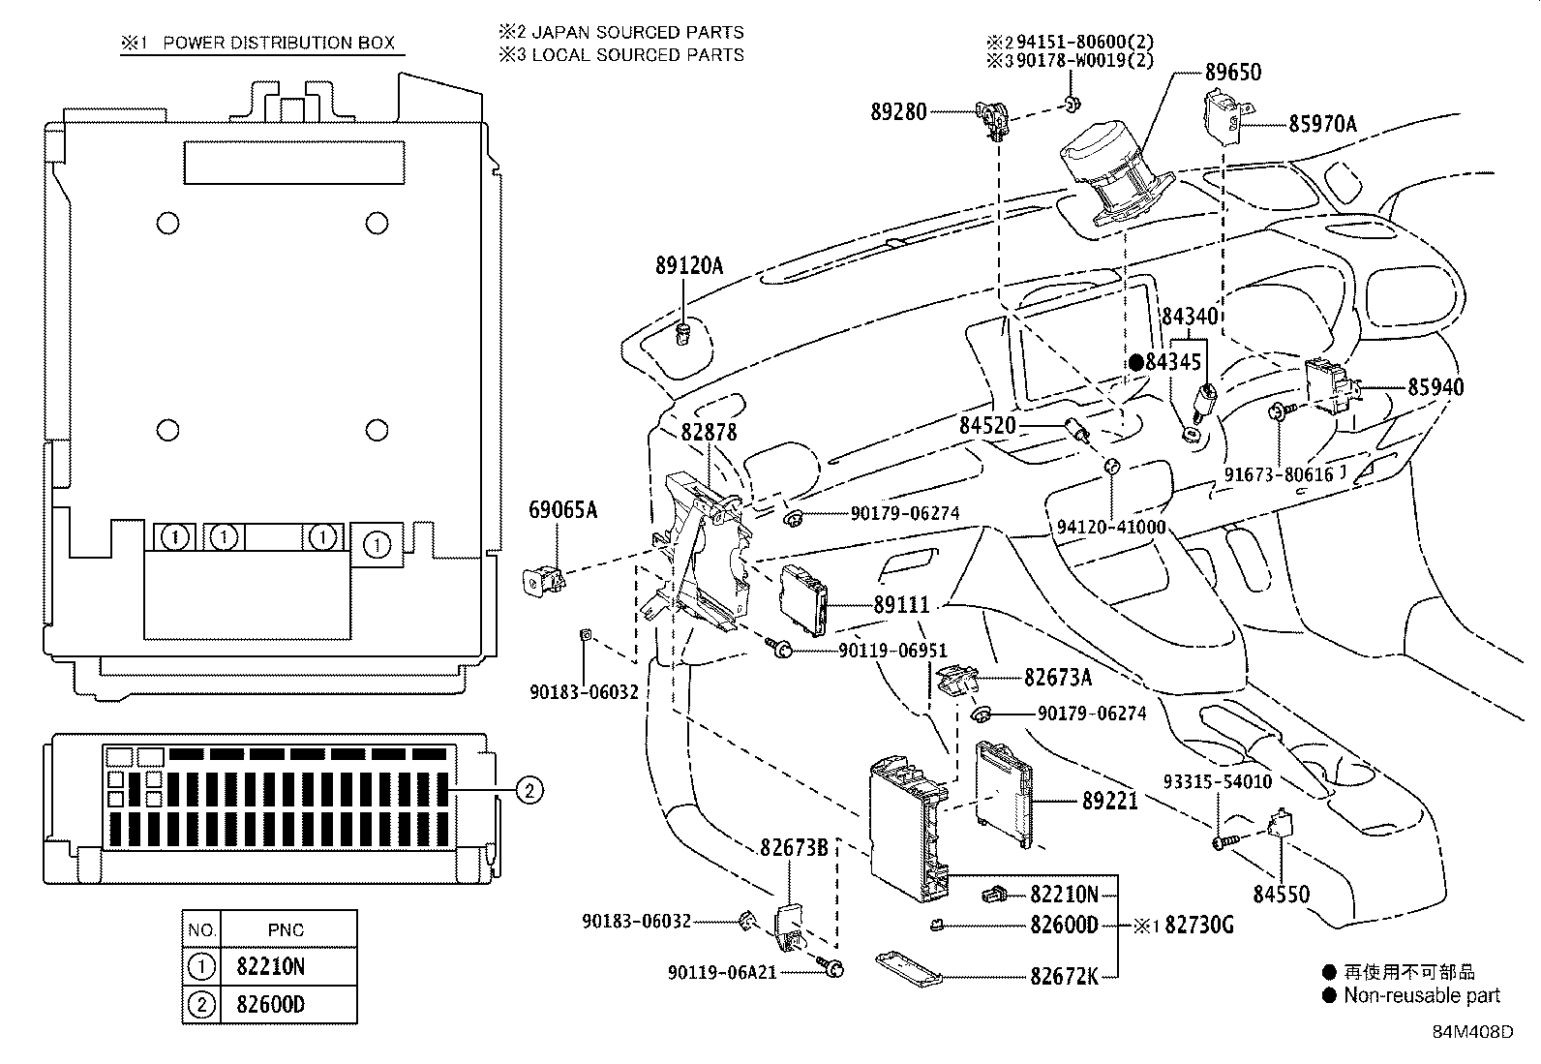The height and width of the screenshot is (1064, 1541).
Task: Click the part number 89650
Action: [1233, 73]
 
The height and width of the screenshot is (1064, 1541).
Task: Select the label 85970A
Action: [1322, 124]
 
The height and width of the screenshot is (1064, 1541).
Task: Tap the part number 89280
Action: [897, 112]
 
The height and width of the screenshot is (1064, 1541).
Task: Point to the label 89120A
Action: [689, 265]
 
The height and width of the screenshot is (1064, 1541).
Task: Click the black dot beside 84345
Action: [1135, 362]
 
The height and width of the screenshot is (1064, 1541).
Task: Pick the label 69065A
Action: [562, 509]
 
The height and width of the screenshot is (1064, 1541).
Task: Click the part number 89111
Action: [901, 605]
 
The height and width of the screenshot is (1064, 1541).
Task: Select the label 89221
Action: [1109, 802]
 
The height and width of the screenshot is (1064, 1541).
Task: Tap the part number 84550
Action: [1281, 895]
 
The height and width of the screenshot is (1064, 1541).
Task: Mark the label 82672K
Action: [1064, 976]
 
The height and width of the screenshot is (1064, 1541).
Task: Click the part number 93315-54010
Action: [1217, 781]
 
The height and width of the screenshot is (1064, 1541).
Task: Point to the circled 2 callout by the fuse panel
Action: [528, 791]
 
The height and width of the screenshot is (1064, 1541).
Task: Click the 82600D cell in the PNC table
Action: [270, 1004]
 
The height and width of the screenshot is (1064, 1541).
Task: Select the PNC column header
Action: [286, 930]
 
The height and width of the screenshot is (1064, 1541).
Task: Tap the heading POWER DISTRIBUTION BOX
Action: [279, 43]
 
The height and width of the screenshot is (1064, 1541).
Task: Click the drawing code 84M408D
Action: [1472, 1031]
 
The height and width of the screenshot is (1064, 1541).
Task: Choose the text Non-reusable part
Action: [1421, 995]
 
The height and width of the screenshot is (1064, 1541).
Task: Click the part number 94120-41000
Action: [1111, 528]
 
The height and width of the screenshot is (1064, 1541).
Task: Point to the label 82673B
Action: [793, 848]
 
